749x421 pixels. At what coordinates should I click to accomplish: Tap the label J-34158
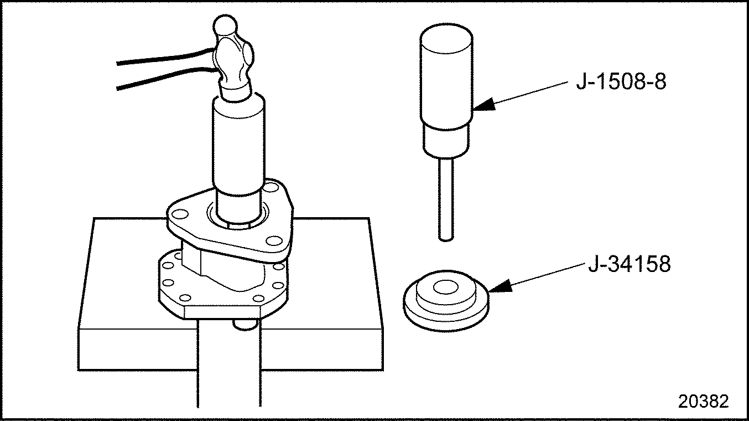(x=630, y=264)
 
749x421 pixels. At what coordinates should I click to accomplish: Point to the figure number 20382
(x=704, y=401)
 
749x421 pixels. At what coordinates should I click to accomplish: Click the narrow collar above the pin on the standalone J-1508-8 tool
(x=445, y=140)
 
